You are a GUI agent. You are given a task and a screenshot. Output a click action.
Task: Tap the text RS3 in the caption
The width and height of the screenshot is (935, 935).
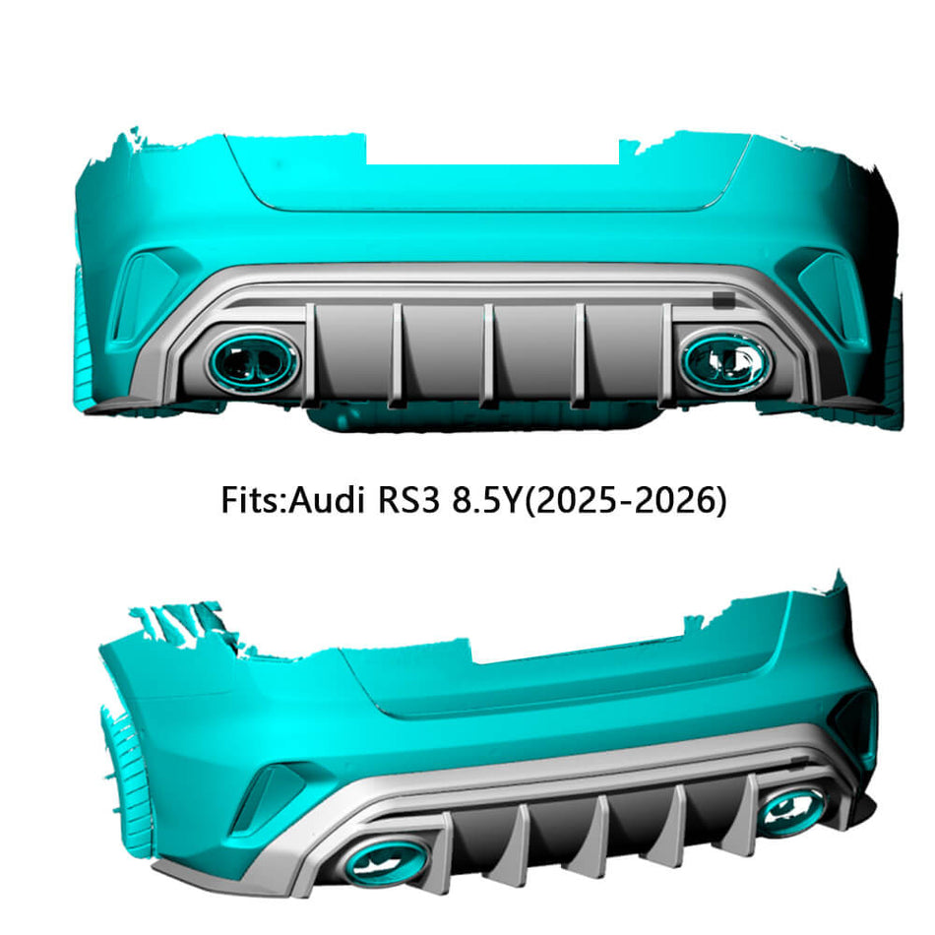click(x=407, y=500)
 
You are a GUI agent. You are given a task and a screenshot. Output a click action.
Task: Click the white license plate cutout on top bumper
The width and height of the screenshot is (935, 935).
click(x=492, y=150)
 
